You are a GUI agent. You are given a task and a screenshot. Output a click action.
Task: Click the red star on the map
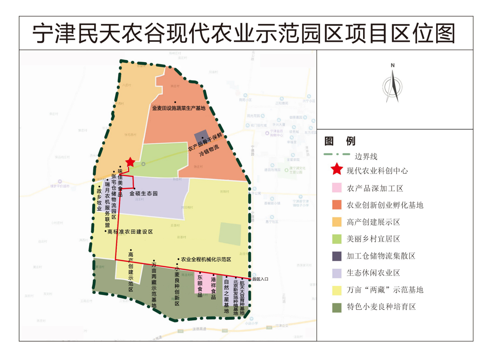(x=130, y=162)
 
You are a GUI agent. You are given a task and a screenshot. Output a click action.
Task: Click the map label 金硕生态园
(x=143, y=194)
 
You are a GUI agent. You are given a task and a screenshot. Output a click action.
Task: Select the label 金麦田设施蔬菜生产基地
(x=179, y=108)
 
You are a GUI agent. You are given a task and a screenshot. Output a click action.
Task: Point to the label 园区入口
(x=260, y=279)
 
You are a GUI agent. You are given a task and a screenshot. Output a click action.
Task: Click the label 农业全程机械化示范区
(x=206, y=260)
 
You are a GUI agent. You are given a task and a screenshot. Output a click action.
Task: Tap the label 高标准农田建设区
(x=130, y=232)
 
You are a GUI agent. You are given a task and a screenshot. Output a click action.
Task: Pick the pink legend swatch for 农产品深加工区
(x=337, y=188)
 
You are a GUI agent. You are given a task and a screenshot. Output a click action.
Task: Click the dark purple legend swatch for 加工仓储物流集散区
(x=337, y=256)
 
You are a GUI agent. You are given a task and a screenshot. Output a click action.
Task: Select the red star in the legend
(x=337, y=169)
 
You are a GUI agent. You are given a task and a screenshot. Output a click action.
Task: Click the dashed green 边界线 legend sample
(x=337, y=154)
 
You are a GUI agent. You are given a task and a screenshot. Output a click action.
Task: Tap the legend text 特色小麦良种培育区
(x=381, y=307)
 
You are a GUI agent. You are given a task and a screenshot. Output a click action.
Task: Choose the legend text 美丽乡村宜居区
(x=373, y=239)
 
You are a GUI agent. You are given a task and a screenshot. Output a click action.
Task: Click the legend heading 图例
(x=340, y=141)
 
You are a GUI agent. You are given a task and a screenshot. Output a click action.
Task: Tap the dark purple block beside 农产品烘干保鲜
(x=201, y=136)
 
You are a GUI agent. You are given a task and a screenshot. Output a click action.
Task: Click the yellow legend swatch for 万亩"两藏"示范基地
(x=337, y=290)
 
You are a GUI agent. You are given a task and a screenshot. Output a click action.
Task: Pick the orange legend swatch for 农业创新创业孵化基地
(x=337, y=205)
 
